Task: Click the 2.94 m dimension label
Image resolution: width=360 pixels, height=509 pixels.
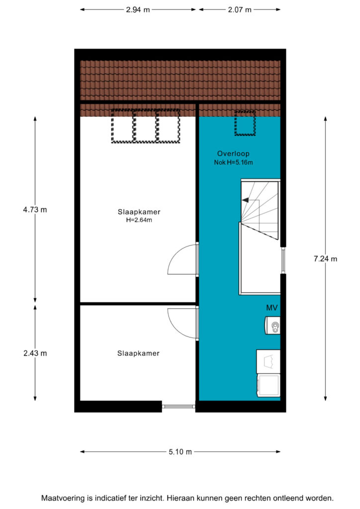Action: coord(138,10)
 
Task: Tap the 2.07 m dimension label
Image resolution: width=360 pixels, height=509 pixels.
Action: coord(240,10)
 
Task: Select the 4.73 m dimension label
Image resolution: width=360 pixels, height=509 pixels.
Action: coord(35,210)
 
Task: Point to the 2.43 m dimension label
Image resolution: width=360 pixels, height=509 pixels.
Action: coord(35,353)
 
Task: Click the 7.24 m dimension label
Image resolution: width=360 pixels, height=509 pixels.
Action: coord(325,258)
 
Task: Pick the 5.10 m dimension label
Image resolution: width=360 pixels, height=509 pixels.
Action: coord(180,451)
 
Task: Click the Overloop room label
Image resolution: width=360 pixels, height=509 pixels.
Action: coord(233,154)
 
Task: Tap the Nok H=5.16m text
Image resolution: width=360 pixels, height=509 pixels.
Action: coord(233,163)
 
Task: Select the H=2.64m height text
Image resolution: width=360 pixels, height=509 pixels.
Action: coord(139,220)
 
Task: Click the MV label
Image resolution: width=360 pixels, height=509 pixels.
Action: coord(271,308)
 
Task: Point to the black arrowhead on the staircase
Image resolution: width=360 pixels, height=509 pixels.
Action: coord(246,200)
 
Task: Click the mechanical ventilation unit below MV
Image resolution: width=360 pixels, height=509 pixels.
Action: coord(272,325)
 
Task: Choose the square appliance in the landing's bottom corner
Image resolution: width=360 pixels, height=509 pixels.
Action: coord(269,385)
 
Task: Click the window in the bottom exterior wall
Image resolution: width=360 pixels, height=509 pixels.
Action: coord(179,406)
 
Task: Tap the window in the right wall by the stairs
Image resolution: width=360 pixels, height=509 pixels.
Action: coord(283,260)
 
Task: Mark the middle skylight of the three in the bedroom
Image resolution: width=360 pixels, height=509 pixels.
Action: coord(145,126)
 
